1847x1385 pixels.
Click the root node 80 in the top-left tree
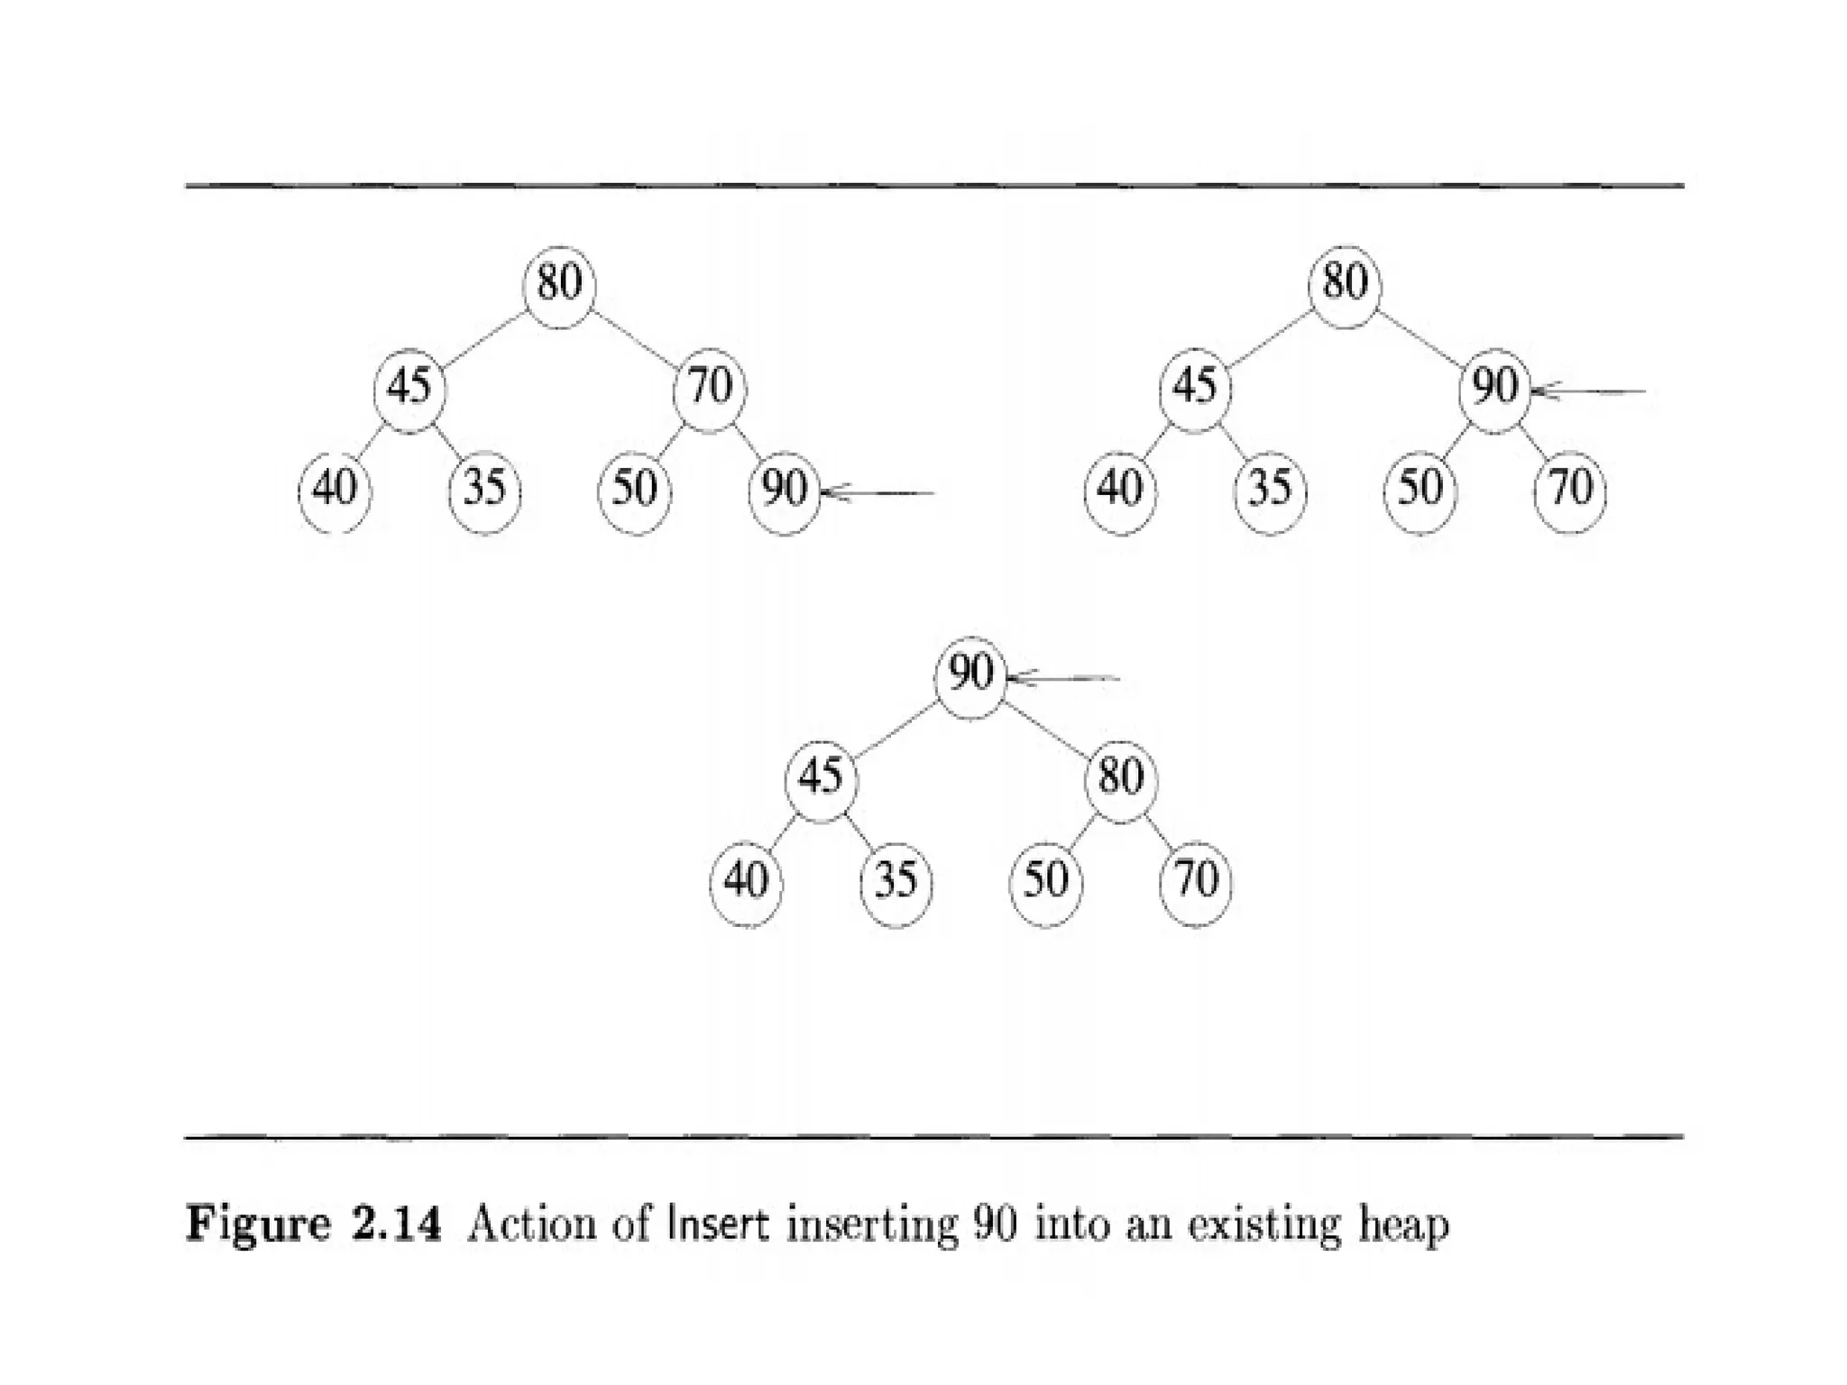coord(559,283)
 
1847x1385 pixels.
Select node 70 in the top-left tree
coord(710,389)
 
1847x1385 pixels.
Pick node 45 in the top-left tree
coord(409,389)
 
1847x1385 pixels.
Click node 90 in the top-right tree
coord(1495,389)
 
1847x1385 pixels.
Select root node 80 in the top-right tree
coord(1345,283)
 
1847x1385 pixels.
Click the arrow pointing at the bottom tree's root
coord(1064,678)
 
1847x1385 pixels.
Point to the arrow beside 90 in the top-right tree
coord(1589,392)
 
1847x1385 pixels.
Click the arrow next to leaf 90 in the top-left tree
coord(878,493)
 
